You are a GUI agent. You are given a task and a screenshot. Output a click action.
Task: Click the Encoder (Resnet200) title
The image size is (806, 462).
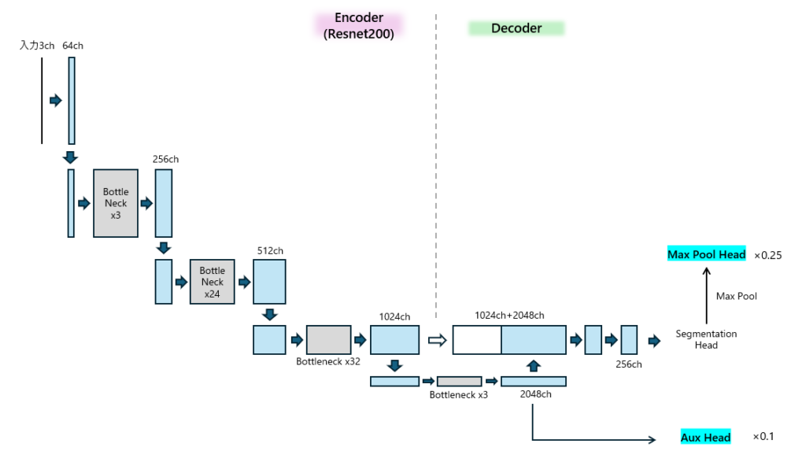click(x=359, y=26)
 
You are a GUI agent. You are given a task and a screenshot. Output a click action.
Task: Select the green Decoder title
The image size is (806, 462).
click(x=516, y=28)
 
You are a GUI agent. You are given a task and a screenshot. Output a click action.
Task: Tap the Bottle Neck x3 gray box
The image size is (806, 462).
click(x=116, y=203)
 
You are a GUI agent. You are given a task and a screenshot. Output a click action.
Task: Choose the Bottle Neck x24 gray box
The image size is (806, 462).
click(x=212, y=282)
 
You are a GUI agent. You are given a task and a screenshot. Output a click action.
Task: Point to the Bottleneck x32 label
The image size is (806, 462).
click(x=328, y=362)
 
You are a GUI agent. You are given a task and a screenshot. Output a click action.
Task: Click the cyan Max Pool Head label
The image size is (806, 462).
click(x=706, y=255)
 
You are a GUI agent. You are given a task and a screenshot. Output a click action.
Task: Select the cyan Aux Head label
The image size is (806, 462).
click(x=705, y=438)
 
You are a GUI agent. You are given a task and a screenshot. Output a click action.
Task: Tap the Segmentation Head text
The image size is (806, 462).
click(x=706, y=339)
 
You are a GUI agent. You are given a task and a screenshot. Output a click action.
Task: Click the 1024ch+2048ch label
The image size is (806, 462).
click(x=509, y=316)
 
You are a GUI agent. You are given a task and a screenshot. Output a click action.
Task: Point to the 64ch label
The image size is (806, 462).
click(x=72, y=46)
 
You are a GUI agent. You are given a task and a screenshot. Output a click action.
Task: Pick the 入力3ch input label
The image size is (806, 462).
click(x=37, y=46)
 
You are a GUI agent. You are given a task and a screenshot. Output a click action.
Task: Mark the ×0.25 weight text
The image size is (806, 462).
click(x=768, y=255)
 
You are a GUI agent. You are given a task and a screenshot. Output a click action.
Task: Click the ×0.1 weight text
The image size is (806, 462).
click(x=763, y=437)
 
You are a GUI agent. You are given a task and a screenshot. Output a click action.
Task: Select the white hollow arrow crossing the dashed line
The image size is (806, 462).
click(x=437, y=340)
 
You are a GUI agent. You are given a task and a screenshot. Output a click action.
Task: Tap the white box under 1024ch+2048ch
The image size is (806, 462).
click(x=477, y=340)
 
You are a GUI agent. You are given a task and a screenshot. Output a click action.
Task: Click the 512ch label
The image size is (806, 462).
click(x=270, y=251)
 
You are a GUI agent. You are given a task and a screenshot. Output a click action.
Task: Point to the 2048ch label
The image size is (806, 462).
click(x=535, y=394)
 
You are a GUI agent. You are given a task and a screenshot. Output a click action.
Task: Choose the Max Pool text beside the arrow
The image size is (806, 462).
click(x=736, y=297)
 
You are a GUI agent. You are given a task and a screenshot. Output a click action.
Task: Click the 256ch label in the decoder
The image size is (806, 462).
click(x=629, y=364)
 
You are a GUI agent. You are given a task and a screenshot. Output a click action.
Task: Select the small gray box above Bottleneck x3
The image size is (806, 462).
click(x=459, y=381)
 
